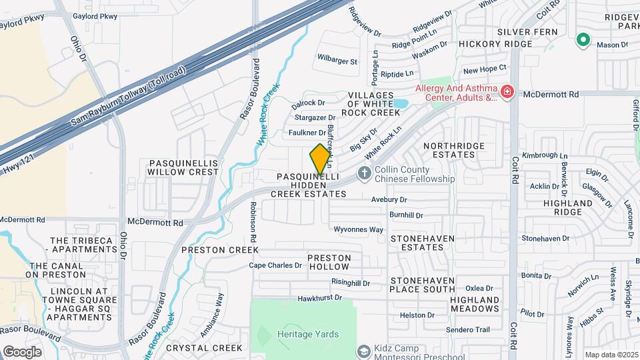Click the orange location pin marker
click(x=320, y=159)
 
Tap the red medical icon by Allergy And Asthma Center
click(x=507, y=91)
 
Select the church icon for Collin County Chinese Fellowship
click(x=364, y=173)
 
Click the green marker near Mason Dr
click(x=583, y=41)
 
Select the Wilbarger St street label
click(x=337, y=61)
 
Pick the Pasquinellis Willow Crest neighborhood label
click(x=184, y=167)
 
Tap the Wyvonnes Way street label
click(x=359, y=229)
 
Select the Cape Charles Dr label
click(x=275, y=265)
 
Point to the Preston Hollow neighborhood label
click(x=329, y=262)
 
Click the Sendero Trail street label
click(x=469, y=329)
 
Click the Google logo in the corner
click(x=22, y=351)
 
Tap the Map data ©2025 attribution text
click(x=611, y=355)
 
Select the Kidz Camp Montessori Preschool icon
click(x=364, y=351)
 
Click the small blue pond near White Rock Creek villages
click(x=400, y=103)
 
